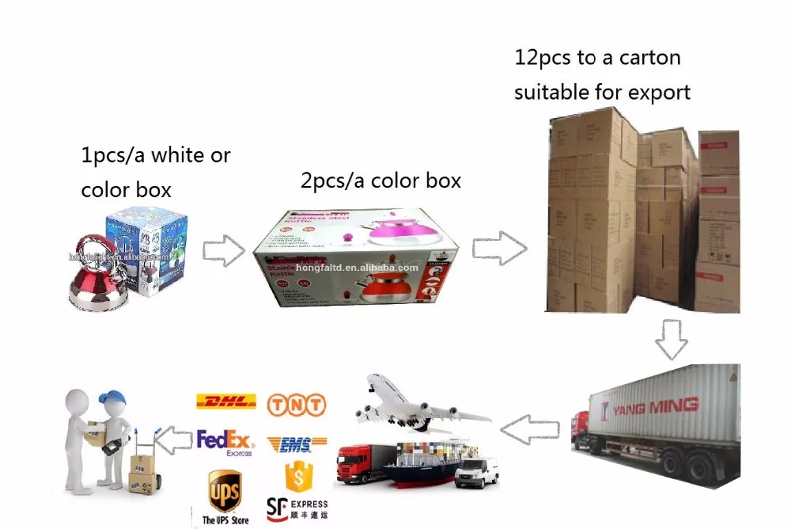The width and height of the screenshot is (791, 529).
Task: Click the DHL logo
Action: click(225, 402)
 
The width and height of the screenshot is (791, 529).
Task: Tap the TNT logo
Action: click(297, 405)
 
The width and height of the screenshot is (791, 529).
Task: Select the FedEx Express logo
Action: click(225, 442)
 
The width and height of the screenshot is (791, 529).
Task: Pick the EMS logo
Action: click(297, 444)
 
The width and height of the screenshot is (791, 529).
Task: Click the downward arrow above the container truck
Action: click(671, 339)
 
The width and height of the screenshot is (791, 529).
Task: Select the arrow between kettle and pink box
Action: click(224, 249)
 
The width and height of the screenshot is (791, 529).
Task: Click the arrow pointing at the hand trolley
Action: click(172, 436)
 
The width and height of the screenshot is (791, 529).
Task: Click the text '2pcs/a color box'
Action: click(380, 181)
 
